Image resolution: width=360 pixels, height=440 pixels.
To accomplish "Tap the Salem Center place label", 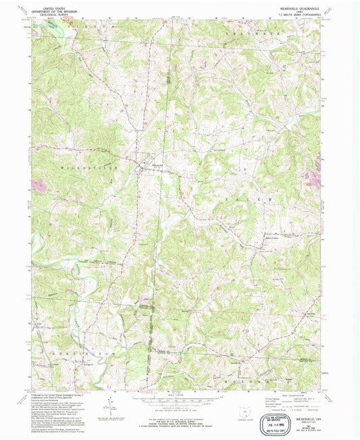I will [272, 237].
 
